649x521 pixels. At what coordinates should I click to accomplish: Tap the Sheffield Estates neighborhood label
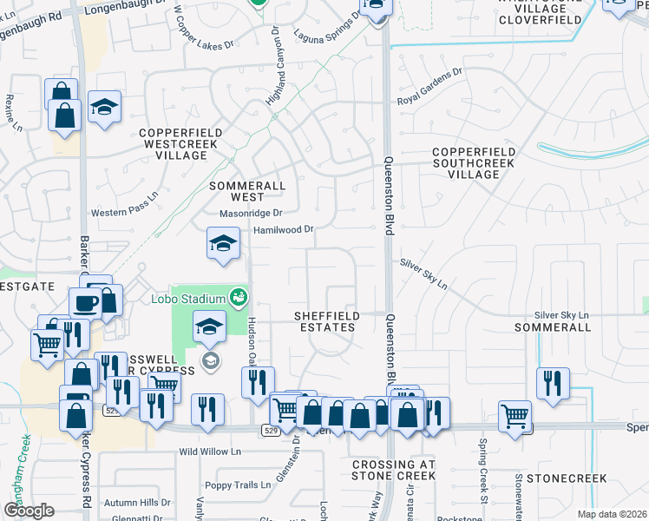pyautogui.click(x=324, y=321)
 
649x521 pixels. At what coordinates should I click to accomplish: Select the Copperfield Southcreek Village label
pyautogui.click(x=474, y=163)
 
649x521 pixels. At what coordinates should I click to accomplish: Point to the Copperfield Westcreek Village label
pyautogui.click(x=174, y=144)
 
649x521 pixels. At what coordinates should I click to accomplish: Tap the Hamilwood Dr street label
pyautogui.click(x=283, y=230)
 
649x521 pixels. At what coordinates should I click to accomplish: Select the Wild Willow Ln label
pyautogui.click(x=209, y=452)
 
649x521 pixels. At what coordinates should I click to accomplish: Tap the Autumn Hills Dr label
pyautogui.click(x=137, y=502)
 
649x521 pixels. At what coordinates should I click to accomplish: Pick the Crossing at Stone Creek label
pyautogui.click(x=393, y=470)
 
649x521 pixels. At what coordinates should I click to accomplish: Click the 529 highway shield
pyautogui.click(x=270, y=429)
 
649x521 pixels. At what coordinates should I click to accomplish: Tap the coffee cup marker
pyautogui.click(x=86, y=301)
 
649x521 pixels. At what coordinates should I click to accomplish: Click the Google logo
pyautogui.click(x=29, y=510)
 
